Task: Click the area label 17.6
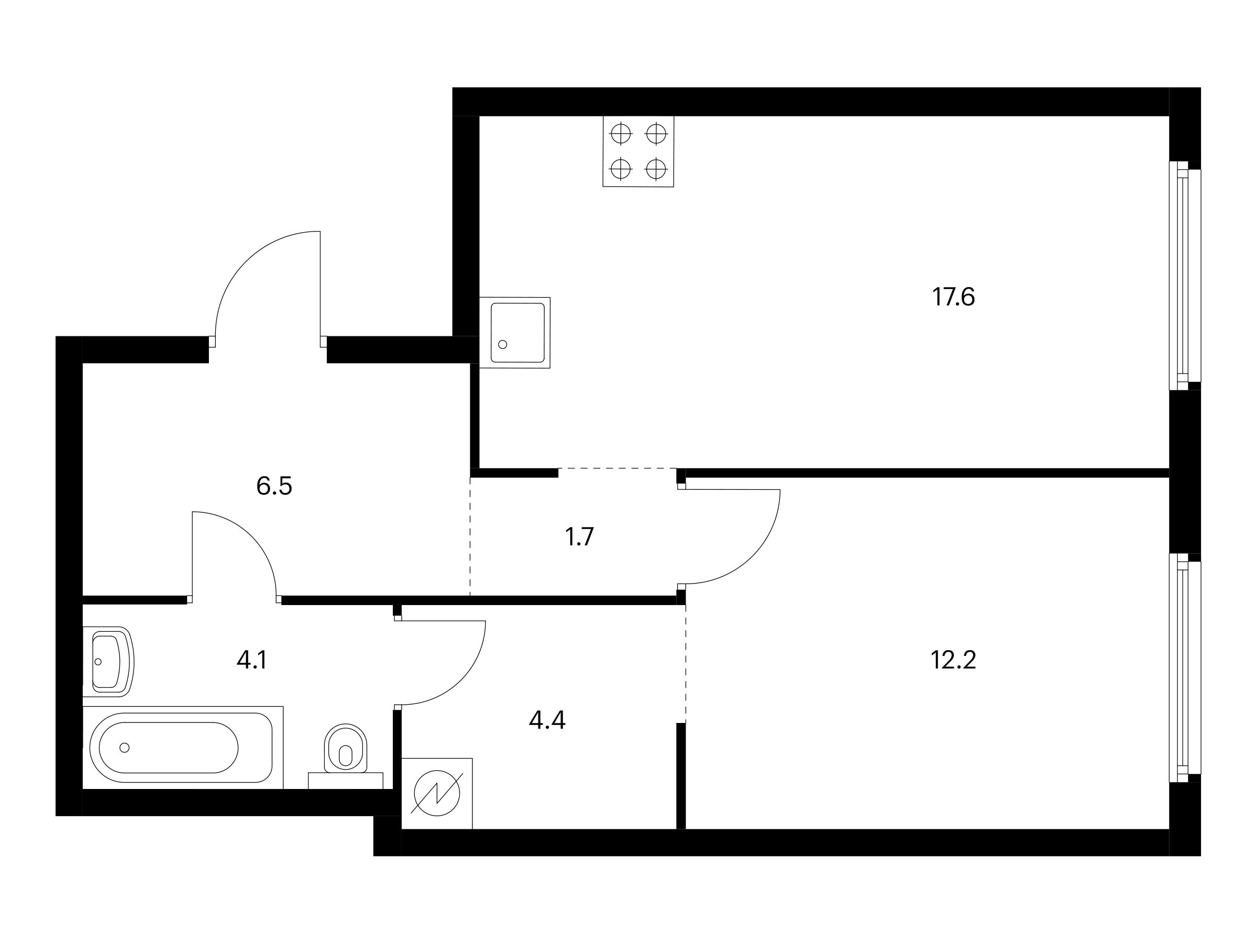click(x=954, y=297)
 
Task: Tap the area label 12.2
click(x=953, y=660)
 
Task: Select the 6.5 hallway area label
click(x=274, y=486)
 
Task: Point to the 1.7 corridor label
click(x=579, y=536)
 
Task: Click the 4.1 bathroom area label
click(x=252, y=660)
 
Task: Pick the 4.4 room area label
click(x=547, y=720)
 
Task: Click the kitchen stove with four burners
click(x=638, y=151)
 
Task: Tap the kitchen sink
click(x=515, y=333)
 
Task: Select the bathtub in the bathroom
click(x=183, y=748)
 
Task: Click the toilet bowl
click(x=346, y=749)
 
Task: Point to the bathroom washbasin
click(x=108, y=662)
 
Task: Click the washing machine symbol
click(x=437, y=794)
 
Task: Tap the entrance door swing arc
click(x=268, y=283)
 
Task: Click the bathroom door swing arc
click(x=234, y=554)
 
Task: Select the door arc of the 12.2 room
click(x=733, y=536)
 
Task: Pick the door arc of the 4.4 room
click(x=444, y=663)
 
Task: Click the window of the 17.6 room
click(x=1185, y=276)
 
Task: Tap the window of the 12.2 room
click(x=1185, y=668)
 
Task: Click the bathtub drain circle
click(x=125, y=748)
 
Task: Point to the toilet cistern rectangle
click(x=346, y=781)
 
